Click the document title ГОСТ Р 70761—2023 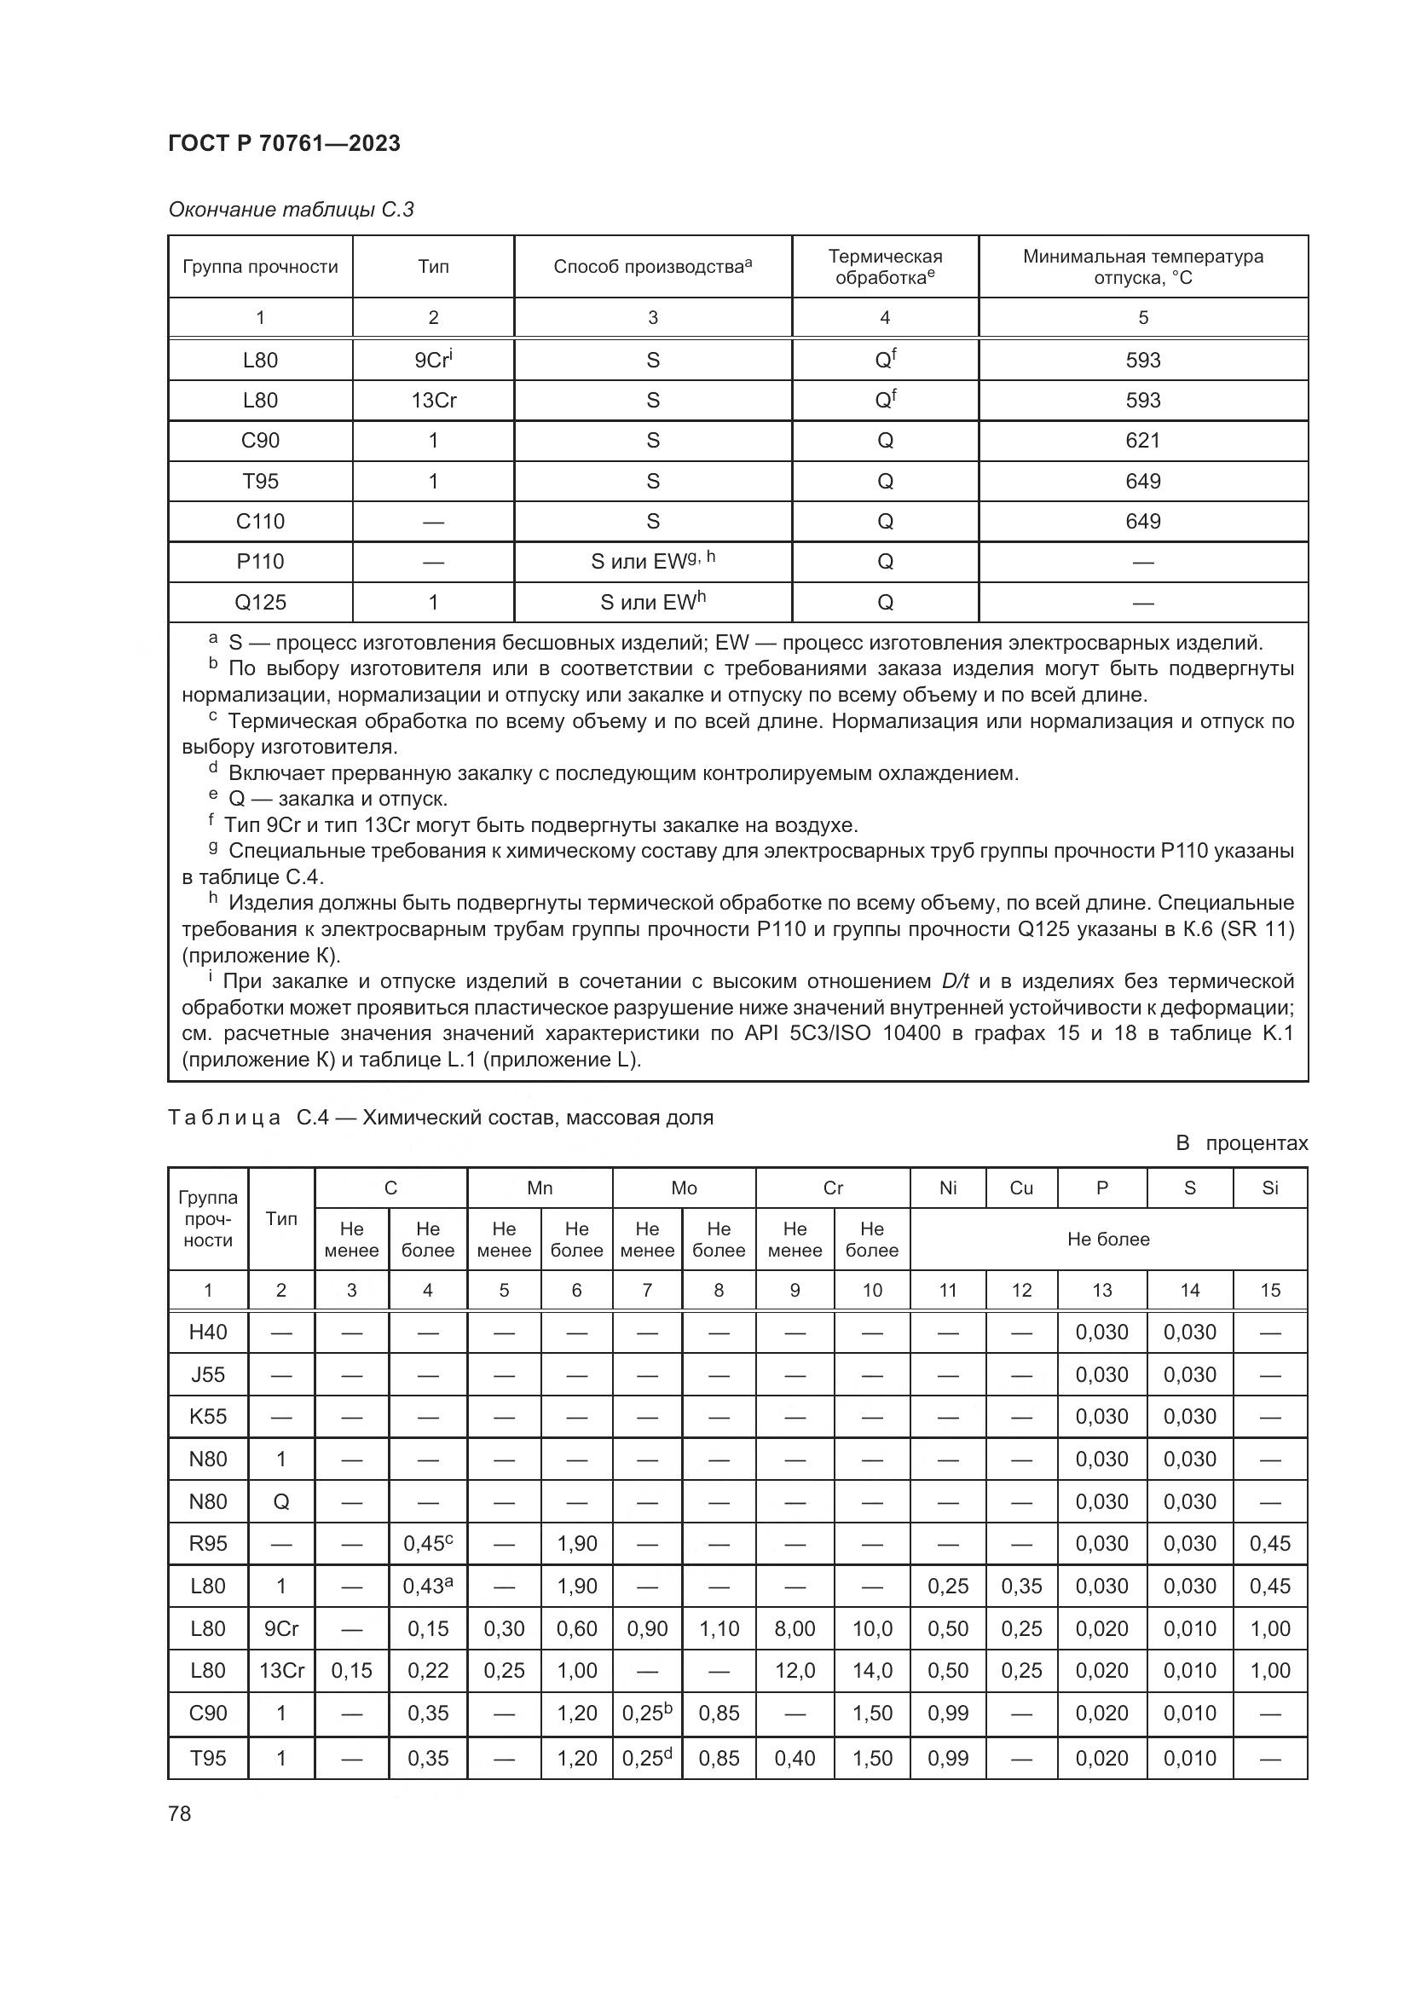point(284,143)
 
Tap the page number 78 point(180,1813)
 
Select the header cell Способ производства point(652,267)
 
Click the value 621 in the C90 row point(1142,440)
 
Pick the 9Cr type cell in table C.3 point(433,360)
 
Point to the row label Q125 point(261,602)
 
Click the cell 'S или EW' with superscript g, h point(652,561)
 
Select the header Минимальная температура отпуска point(1142,267)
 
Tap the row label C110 point(261,521)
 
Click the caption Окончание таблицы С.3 point(291,210)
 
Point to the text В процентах point(1240,1143)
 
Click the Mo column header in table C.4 point(684,1188)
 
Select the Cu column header point(1021,1188)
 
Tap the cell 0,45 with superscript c point(427,1543)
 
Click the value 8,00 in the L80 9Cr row point(795,1628)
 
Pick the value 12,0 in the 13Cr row point(795,1670)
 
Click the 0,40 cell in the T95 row point(795,1758)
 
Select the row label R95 point(208,1543)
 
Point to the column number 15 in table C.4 point(1269,1291)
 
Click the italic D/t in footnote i point(955,981)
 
